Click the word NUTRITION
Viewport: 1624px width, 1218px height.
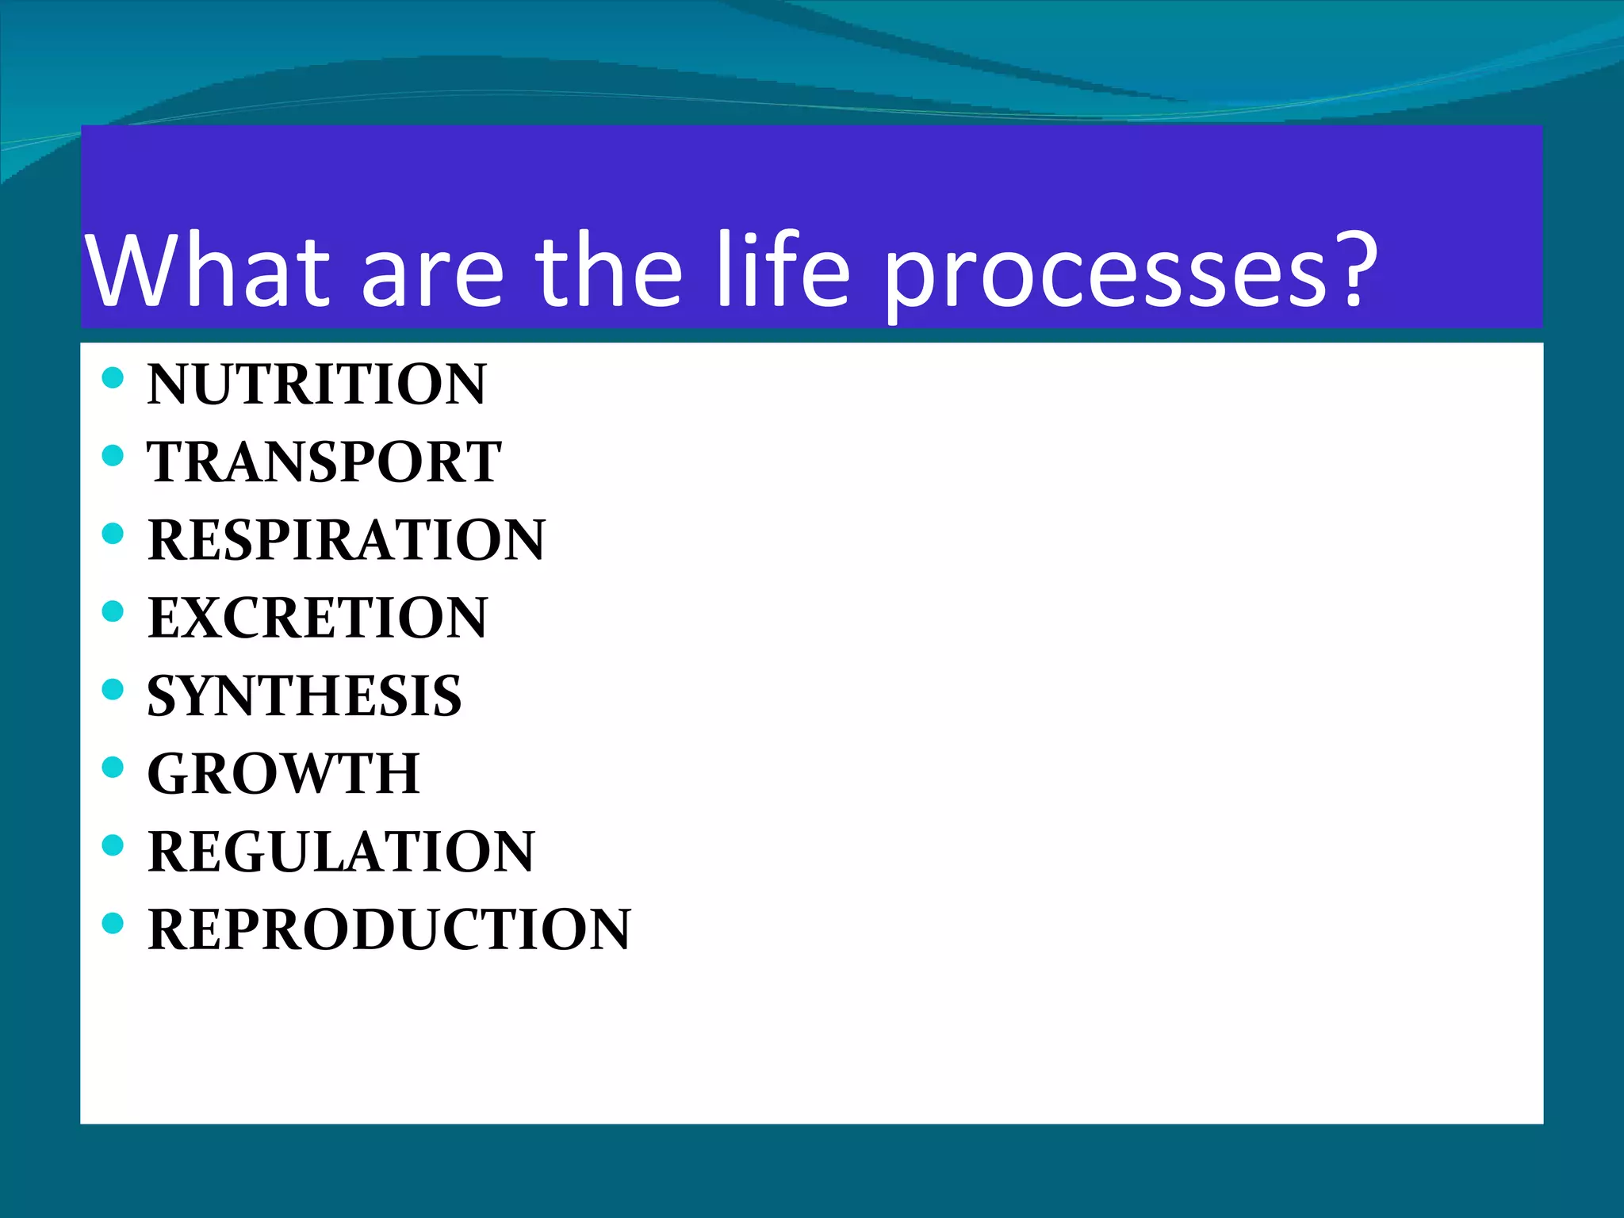(x=316, y=385)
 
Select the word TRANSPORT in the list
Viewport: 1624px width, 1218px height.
(x=324, y=462)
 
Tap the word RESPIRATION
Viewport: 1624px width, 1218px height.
(x=347, y=540)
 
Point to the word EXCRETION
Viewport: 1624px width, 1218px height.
(x=318, y=618)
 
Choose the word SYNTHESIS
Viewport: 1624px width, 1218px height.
(x=304, y=696)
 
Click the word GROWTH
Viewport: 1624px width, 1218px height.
(x=284, y=774)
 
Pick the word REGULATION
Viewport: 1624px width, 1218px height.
(x=342, y=852)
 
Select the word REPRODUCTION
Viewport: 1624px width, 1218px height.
(x=389, y=929)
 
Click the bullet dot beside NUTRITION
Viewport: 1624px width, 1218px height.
(x=113, y=377)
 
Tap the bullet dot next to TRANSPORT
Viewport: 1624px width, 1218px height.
(x=113, y=455)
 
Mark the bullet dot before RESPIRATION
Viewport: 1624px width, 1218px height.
(x=113, y=533)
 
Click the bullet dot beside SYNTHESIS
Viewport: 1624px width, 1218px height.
(x=113, y=689)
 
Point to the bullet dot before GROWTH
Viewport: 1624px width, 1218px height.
(x=113, y=767)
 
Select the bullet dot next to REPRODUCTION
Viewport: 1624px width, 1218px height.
(x=113, y=923)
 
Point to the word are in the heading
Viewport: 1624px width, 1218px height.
(x=433, y=278)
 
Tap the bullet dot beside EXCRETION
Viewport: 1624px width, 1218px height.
(x=113, y=611)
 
